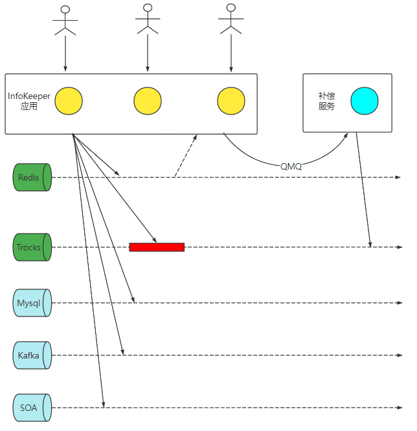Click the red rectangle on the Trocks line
click(x=157, y=247)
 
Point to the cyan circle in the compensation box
click(x=365, y=101)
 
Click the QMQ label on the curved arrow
click(x=291, y=166)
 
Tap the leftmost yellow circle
click(x=69, y=102)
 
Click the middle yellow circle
click(x=148, y=102)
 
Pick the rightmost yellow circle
click(x=231, y=102)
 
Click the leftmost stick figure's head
click(x=65, y=10)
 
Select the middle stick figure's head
click(x=148, y=8)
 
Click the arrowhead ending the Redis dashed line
click(x=398, y=177)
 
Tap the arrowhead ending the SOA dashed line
click(x=398, y=408)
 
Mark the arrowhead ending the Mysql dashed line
click(x=398, y=302)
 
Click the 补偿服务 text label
click(x=326, y=101)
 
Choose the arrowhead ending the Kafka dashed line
click(x=398, y=355)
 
